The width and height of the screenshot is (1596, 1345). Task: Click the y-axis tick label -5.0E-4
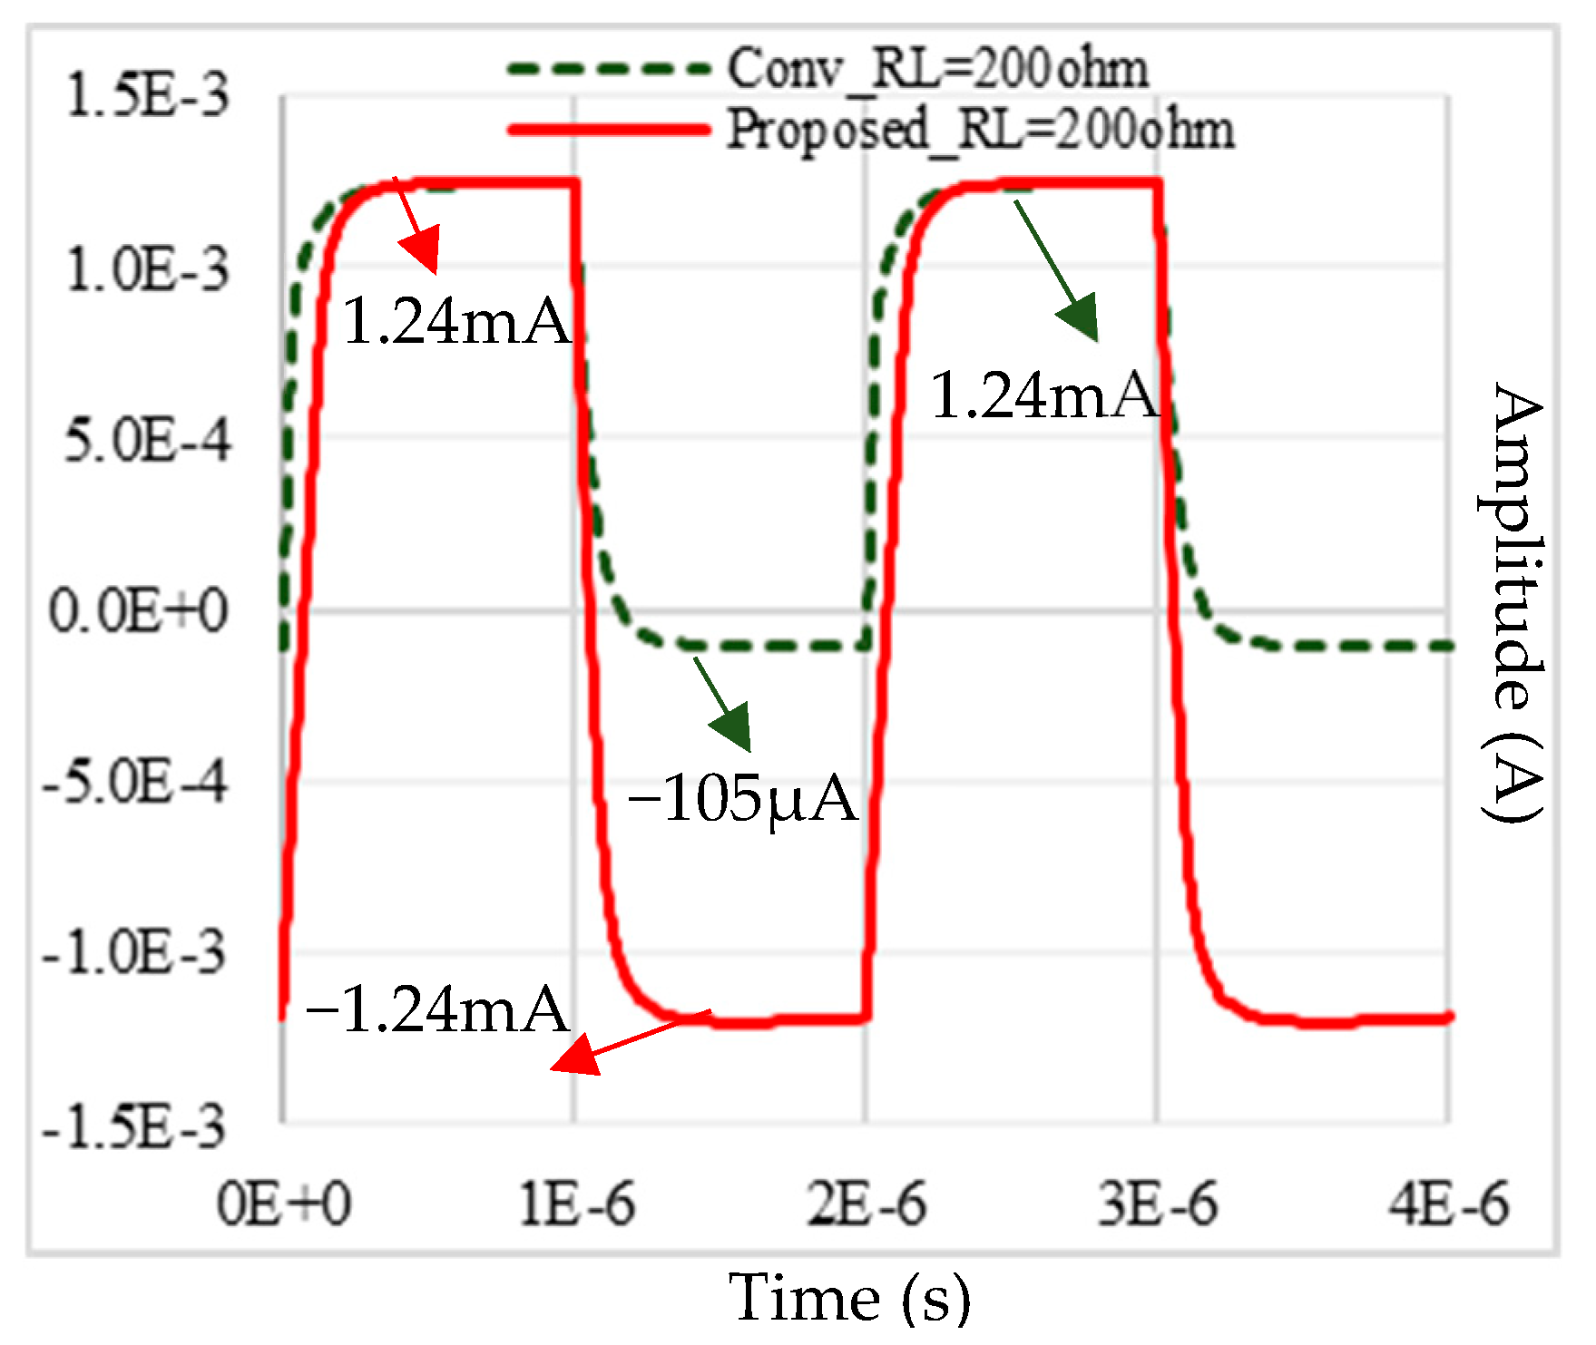point(135,781)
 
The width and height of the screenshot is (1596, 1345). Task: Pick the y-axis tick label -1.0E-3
point(134,952)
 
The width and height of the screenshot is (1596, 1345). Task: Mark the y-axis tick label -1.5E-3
point(134,1127)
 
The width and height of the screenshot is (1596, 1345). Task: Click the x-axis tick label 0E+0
point(283,1205)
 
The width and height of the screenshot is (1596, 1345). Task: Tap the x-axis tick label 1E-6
point(577,1205)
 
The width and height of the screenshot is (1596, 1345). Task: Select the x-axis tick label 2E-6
point(867,1205)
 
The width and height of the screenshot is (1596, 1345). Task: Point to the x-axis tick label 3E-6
point(1159,1205)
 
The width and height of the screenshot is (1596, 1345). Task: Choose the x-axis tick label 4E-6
point(1449,1205)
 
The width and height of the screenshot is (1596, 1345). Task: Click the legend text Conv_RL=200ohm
point(938,69)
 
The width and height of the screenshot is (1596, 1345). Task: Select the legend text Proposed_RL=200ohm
point(981,130)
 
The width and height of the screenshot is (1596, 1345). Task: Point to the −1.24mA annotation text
point(437,1010)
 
